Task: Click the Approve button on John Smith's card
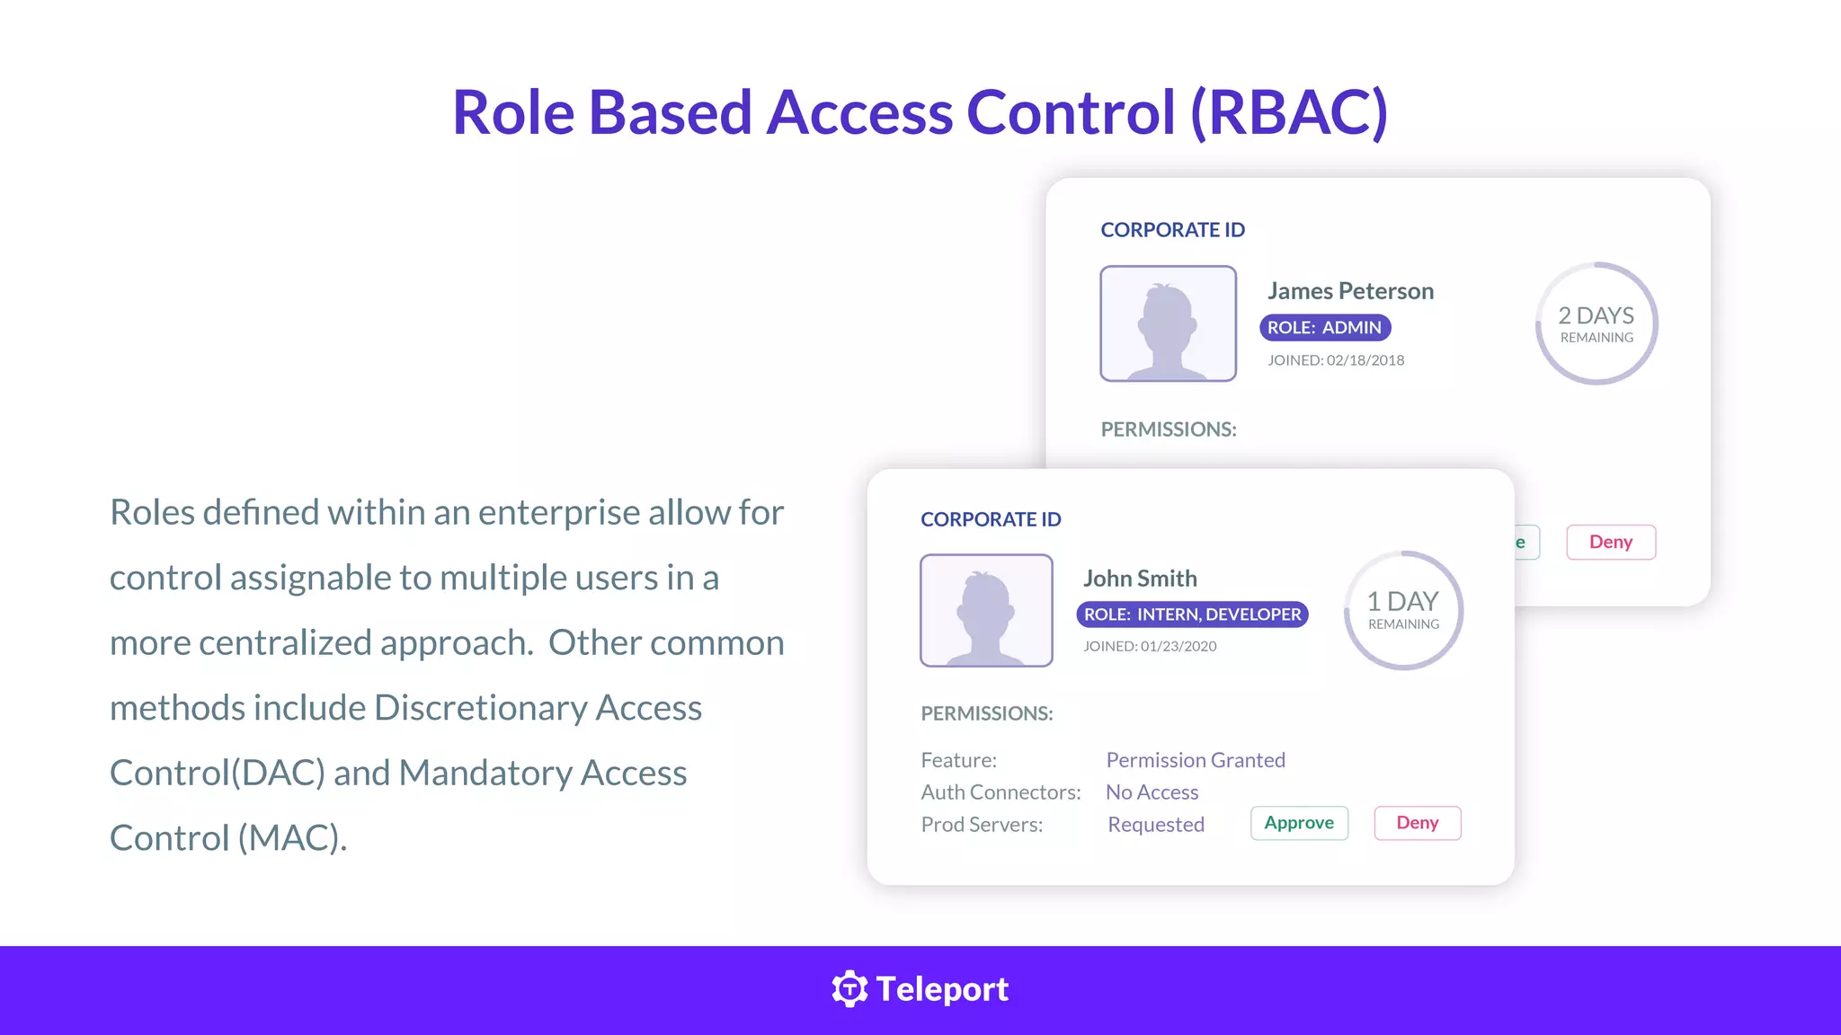(1299, 823)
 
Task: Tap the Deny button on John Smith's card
(1418, 823)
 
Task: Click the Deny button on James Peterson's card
(1611, 542)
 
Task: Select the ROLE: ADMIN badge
(1325, 328)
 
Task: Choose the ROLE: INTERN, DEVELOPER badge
(1192, 615)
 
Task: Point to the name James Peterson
(1350, 291)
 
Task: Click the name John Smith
(1140, 579)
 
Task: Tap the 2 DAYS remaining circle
(1596, 323)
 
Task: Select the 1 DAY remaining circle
(1403, 610)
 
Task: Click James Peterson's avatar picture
(1168, 323)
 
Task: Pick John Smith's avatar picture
(986, 610)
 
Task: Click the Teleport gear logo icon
(849, 989)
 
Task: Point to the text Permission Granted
(1196, 760)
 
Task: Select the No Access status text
(1152, 792)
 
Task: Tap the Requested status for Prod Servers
(1156, 825)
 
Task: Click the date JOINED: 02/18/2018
(1336, 360)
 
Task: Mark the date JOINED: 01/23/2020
(1150, 646)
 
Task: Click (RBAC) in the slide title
(1289, 112)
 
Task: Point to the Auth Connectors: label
(1001, 792)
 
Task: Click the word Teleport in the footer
(942, 989)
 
